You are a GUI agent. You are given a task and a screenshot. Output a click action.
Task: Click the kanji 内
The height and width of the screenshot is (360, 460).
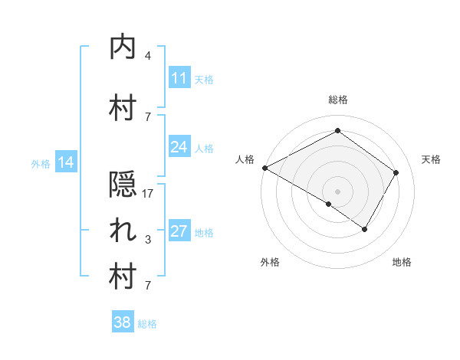point(123,47)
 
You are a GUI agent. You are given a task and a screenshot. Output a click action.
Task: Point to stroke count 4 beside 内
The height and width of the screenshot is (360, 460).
point(148,55)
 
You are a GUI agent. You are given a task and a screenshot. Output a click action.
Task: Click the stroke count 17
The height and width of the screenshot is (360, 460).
point(148,194)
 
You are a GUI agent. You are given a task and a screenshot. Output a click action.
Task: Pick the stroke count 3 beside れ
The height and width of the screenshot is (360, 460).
point(148,240)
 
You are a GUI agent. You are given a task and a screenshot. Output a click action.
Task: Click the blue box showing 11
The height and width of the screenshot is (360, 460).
point(179,78)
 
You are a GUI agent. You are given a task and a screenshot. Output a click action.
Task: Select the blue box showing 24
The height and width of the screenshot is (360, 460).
point(179,147)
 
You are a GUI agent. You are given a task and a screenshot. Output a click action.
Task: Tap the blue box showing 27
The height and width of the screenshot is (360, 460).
point(179,231)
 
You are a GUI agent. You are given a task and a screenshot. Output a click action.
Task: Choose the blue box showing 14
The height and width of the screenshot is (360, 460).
point(66,162)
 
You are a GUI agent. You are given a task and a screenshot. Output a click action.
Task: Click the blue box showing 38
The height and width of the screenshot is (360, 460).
point(123,322)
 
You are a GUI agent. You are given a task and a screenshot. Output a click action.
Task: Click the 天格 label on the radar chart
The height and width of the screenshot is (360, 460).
point(432,159)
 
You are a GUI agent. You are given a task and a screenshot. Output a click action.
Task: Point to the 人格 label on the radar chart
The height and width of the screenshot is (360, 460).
point(245,159)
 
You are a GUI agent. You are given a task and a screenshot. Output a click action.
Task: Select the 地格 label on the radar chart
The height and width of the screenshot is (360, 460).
point(402,262)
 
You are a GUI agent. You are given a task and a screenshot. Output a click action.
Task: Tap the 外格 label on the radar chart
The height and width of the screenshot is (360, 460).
point(270,262)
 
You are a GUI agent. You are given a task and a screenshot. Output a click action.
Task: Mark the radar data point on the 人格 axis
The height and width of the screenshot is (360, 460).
point(264,168)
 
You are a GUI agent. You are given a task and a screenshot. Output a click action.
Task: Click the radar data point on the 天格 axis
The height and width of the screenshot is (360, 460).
point(396,172)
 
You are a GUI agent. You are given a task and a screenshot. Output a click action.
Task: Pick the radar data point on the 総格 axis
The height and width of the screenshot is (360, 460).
point(337,131)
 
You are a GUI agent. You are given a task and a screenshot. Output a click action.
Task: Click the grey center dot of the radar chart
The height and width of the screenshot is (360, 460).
point(337,191)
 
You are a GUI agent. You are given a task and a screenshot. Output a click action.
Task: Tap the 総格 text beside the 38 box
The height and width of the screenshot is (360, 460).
point(147,324)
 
